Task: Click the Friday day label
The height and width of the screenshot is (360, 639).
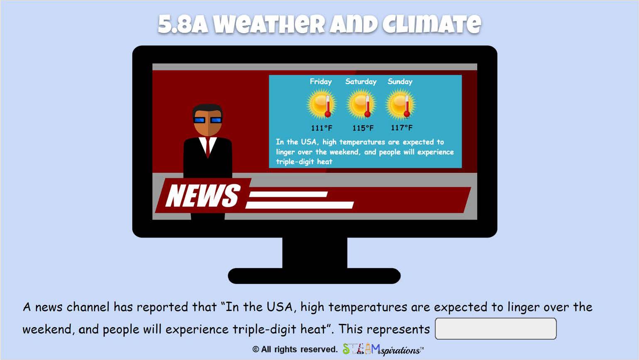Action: (321, 82)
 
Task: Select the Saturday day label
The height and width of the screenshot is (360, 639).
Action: (361, 82)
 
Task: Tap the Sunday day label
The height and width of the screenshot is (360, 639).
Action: (400, 82)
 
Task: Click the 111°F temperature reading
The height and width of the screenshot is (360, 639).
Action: (322, 127)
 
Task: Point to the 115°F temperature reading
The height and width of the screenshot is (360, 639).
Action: (363, 127)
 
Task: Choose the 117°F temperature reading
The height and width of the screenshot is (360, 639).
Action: (402, 127)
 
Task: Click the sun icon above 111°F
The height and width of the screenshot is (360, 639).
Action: (322, 104)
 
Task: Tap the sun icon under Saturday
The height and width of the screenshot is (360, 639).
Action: (361, 104)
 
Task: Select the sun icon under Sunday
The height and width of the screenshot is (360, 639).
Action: (400, 104)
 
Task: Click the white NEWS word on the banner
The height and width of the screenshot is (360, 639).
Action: (203, 195)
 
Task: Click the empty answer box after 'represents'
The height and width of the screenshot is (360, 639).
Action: (495, 328)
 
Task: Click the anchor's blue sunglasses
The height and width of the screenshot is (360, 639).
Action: (207, 120)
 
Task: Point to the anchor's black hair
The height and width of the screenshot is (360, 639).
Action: (207, 109)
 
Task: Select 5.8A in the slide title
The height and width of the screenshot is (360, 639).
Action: (183, 24)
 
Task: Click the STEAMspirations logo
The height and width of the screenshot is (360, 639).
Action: (383, 349)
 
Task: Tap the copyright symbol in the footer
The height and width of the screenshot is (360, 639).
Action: (256, 350)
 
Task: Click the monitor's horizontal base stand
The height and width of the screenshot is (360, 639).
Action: (314, 276)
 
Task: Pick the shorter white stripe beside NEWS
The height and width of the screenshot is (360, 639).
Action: (288, 194)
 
